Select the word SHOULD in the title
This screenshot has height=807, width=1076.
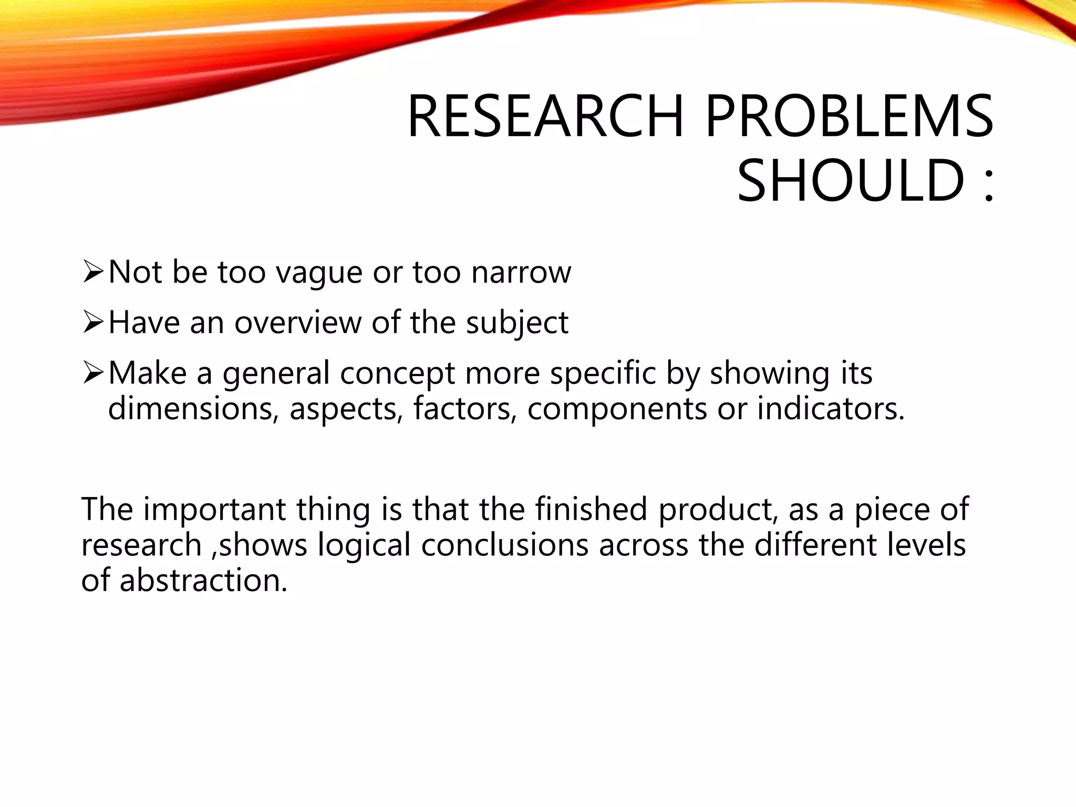851,181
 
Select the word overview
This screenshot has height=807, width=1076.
297,323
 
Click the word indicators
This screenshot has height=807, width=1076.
831,408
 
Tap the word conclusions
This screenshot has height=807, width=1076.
504,545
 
